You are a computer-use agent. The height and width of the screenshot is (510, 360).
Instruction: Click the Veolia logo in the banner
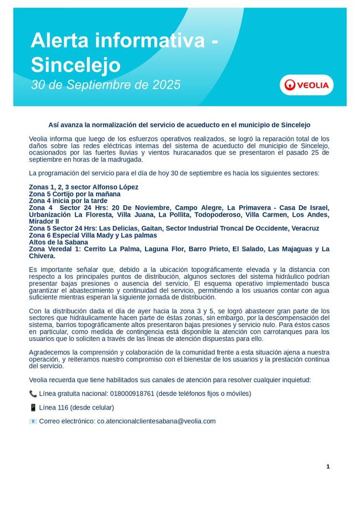tap(306, 85)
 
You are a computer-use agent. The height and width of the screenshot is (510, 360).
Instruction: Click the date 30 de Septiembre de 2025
tap(106, 85)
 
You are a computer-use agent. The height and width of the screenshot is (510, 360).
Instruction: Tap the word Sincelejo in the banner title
tap(75, 65)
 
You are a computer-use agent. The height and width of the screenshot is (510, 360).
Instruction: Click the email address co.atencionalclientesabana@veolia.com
tap(156, 421)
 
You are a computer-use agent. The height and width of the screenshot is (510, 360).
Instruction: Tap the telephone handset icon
tap(33, 394)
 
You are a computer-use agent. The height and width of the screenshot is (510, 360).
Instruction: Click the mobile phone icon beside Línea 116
tap(33, 407)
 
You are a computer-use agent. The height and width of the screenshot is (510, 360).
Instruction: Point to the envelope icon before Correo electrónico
tap(33, 421)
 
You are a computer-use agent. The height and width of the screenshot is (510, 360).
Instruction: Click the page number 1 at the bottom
tap(328, 467)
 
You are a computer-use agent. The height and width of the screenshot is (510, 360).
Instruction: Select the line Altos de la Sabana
tap(58, 242)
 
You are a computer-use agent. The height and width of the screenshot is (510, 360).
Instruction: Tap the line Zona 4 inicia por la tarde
tap(68, 201)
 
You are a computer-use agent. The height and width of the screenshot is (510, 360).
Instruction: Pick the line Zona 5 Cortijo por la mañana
tap(74, 194)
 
